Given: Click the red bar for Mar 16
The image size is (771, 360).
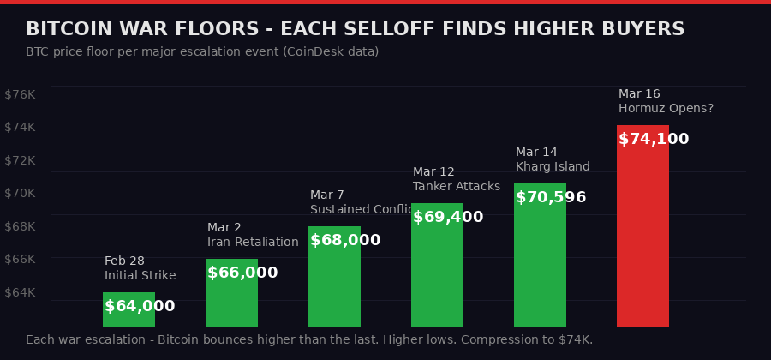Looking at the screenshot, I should point(642,231).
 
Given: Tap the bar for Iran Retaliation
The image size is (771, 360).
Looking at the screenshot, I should point(231,300).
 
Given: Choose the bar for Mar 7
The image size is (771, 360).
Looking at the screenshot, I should point(334,283).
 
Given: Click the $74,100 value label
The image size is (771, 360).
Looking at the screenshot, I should point(654,139).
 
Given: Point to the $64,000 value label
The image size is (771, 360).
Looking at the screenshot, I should point(140,306).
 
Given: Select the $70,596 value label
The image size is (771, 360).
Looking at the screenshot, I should point(551,197).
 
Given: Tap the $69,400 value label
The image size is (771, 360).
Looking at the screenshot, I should point(448,217).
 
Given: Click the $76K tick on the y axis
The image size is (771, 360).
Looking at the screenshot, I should point(20,94).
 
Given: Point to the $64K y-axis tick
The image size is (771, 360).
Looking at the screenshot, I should point(20,292).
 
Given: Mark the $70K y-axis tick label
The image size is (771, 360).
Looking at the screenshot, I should point(20,193).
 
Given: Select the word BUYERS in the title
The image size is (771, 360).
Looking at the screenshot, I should point(642,29).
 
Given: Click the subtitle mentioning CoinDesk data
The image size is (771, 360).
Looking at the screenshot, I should point(202,51).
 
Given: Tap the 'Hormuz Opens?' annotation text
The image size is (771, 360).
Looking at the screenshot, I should point(666,108).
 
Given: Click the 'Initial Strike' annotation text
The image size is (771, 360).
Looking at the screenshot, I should point(140,275).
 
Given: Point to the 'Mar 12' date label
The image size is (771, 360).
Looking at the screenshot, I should point(433,171).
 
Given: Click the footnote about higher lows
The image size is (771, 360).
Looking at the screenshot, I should point(309,339).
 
